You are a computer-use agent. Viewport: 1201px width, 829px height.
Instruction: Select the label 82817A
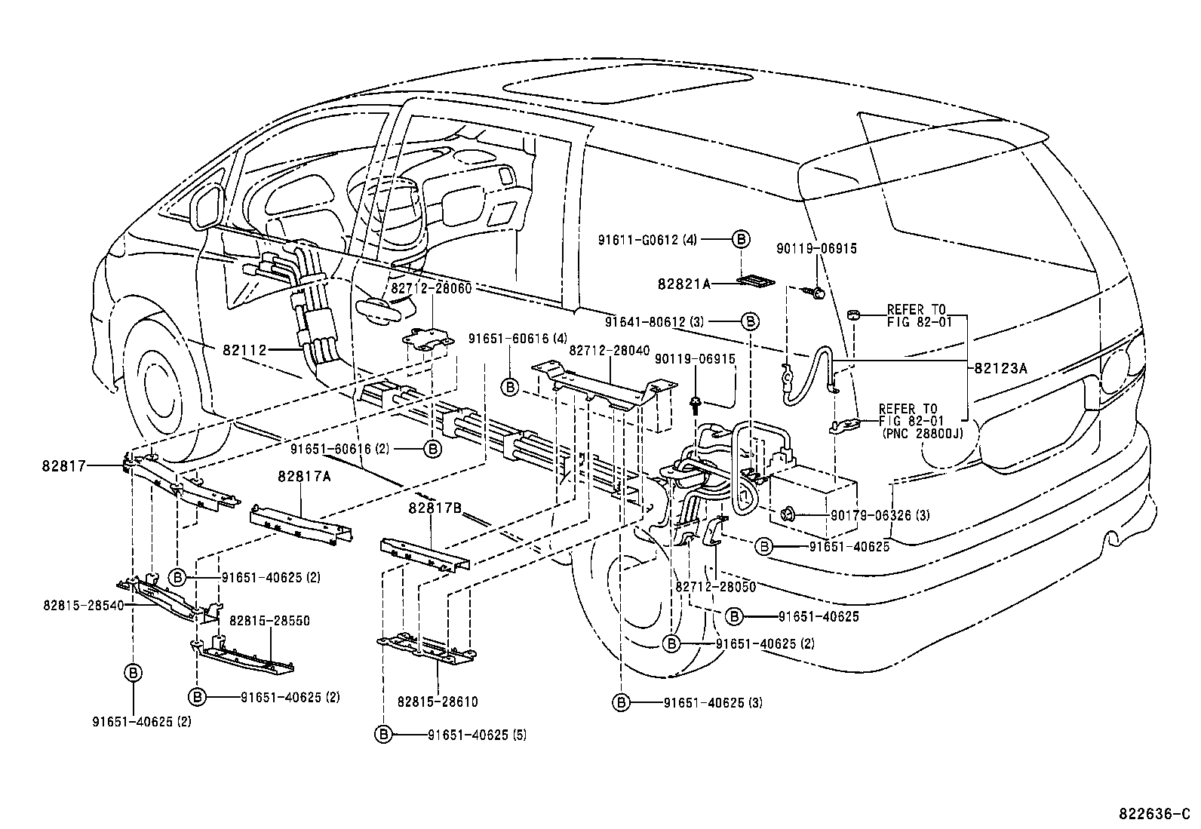coord(300,476)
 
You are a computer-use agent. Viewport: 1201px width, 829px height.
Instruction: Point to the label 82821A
coord(683,284)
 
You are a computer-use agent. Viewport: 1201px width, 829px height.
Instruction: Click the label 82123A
coord(1000,368)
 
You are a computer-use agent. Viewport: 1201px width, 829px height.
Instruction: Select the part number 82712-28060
coord(430,289)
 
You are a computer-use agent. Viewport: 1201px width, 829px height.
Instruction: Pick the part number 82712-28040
coord(609,350)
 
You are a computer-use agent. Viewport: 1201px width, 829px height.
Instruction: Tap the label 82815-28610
coord(438,702)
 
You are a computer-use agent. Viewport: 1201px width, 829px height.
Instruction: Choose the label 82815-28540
coord(84,605)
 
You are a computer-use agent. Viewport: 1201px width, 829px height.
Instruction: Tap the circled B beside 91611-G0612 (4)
coord(741,239)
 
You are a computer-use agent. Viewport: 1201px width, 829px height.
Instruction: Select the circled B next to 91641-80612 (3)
coord(750,321)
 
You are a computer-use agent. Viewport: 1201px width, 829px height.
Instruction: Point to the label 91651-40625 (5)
coord(477,734)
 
